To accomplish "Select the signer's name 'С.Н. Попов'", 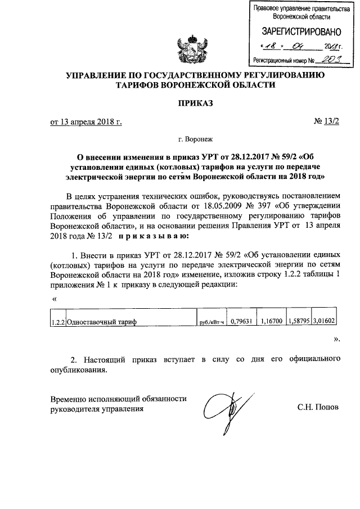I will (318, 407).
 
